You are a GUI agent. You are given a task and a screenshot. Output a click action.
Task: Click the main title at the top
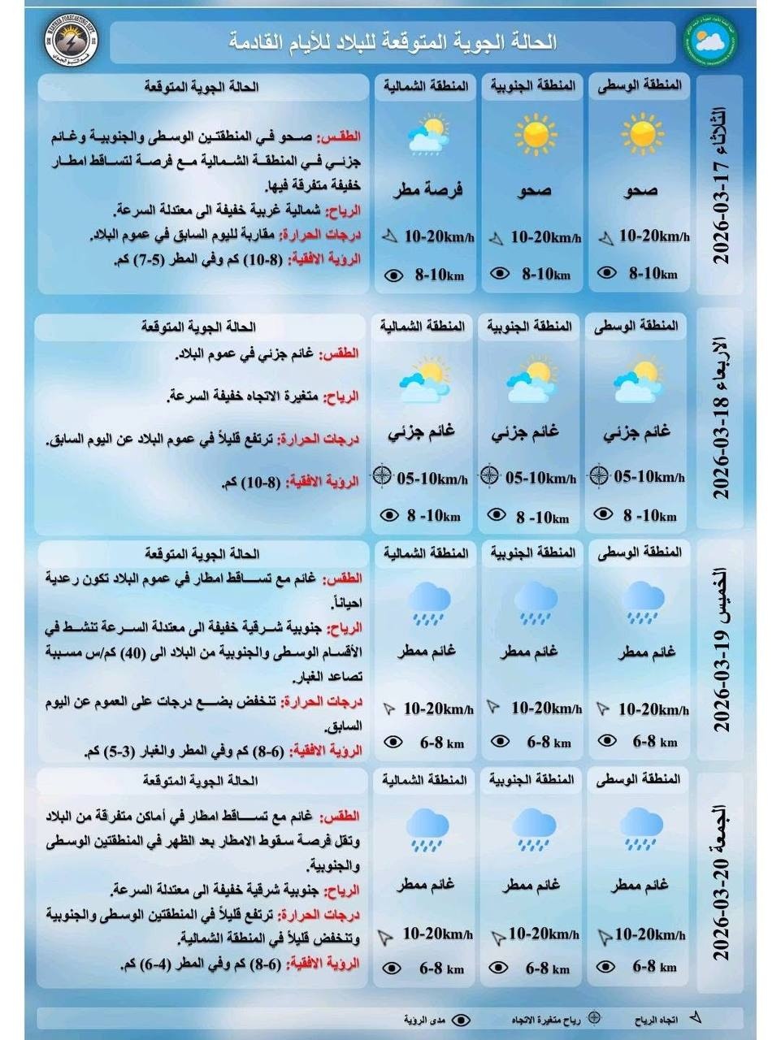[x=393, y=42]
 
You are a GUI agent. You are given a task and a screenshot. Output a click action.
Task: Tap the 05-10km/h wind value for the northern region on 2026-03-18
[x=432, y=479]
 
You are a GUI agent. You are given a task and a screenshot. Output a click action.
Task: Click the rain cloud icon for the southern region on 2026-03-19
[x=536, y=603]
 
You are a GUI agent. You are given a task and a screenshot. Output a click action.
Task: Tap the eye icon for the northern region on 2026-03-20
[x=392, y=968]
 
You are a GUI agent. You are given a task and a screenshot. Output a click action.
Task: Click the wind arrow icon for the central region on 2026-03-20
[x=604, y=936]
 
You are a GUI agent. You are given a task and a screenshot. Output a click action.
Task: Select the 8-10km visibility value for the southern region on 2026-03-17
[x=545, y=275]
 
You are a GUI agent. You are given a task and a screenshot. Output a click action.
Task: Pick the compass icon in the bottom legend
[x=594, y=1017]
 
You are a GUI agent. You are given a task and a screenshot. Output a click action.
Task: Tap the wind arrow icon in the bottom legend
[x=695, y=1017]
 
